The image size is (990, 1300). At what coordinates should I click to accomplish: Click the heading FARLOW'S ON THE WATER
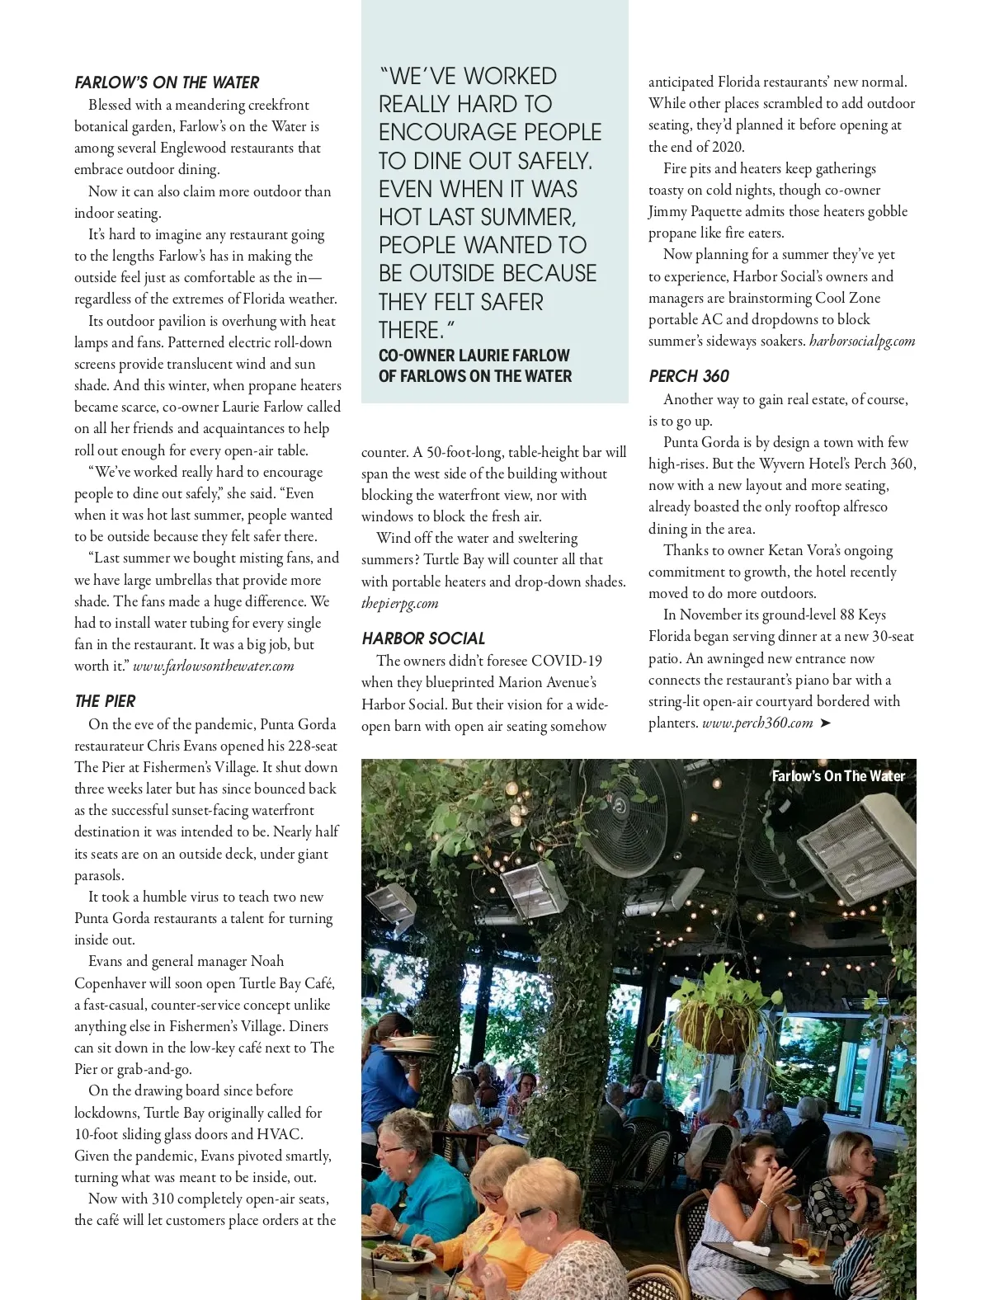[x=167, y=82]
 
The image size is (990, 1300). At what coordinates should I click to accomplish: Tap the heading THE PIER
[x=105, y=701]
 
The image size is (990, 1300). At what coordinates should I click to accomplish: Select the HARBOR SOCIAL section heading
[x=423, y=638]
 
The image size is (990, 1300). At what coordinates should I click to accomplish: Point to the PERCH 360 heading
[x=689, y=376]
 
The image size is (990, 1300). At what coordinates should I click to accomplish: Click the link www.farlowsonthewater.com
[x=213, y=666]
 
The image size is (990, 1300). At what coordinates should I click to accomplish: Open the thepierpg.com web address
[x=399, y=603]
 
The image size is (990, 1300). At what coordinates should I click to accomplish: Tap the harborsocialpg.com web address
[x=862, y=341]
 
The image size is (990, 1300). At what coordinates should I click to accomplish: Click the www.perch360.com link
[x=757, y=723]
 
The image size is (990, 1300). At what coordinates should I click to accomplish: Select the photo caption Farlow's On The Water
[x=837, y=775]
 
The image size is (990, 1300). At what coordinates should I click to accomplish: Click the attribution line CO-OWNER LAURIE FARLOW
[x=474, y=356]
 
